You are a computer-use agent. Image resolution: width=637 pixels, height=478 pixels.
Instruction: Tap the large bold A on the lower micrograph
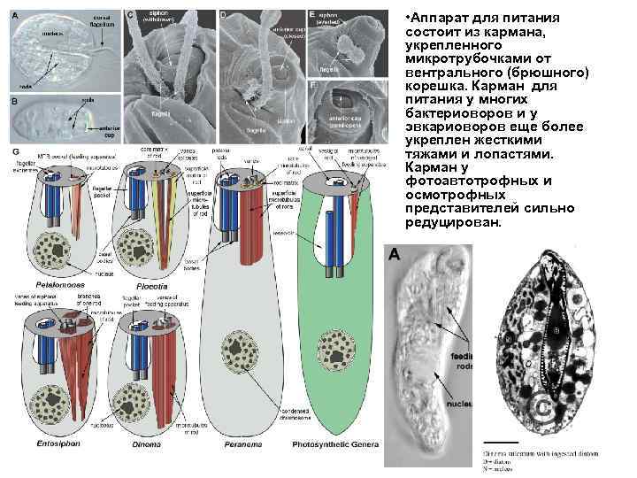(395, 255)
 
